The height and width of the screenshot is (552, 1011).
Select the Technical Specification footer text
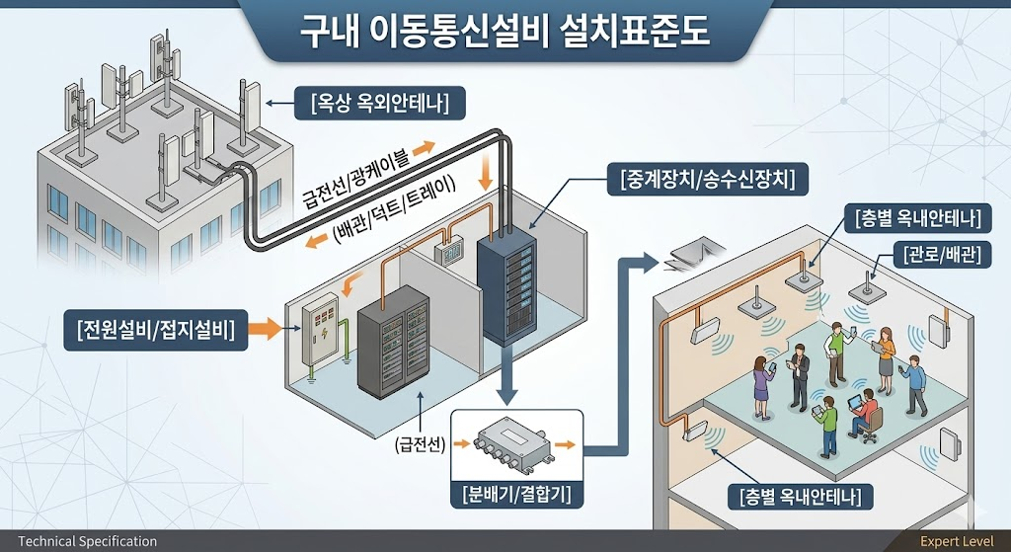click(x=88, y=541)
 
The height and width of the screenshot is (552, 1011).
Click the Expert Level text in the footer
click(x=955, y=541)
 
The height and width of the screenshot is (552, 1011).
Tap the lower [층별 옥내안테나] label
click(x=800, y=497)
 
